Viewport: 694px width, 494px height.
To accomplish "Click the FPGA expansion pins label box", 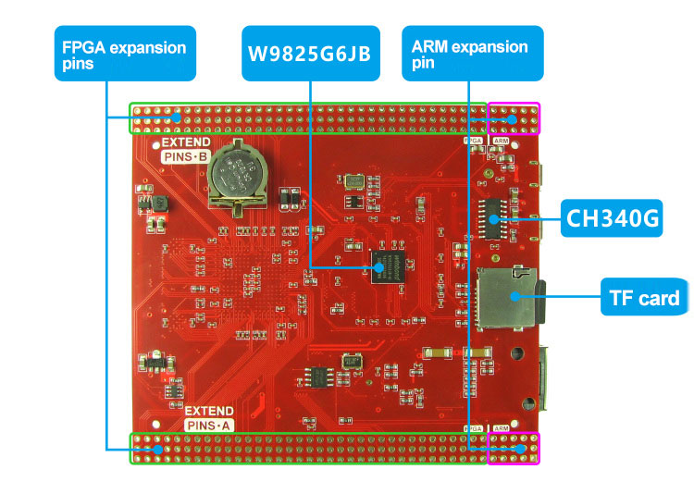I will point(124,55).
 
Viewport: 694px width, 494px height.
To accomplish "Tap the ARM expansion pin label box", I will point(472,53).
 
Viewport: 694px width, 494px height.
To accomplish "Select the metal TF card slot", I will point(504,298).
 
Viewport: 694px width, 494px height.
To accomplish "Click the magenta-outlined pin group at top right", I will point(514,118).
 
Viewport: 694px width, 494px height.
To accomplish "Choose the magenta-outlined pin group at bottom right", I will point(514,449).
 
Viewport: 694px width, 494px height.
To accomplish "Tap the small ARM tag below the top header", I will point(501,141).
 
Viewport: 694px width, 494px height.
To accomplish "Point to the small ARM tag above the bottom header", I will point(501,428).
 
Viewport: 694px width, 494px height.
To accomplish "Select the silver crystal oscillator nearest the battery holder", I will point(353,179).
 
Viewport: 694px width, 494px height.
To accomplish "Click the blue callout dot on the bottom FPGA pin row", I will point(158,450).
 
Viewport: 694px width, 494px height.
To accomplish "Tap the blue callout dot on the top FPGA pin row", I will point(177,117).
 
